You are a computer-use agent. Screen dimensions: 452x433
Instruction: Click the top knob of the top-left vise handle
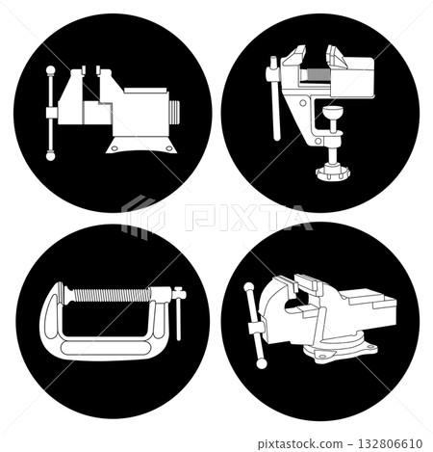50,69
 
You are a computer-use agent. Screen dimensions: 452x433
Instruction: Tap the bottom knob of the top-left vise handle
50,154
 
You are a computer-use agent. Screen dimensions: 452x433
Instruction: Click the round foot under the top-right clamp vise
333,173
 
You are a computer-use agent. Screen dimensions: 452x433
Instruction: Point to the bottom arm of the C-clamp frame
106,342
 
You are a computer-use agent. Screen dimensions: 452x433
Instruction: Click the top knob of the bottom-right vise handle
249,287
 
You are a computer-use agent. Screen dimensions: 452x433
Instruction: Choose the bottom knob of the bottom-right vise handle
261,363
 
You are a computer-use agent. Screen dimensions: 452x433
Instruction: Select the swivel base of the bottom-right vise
337,352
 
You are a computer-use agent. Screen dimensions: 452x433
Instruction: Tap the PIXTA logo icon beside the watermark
141,217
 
